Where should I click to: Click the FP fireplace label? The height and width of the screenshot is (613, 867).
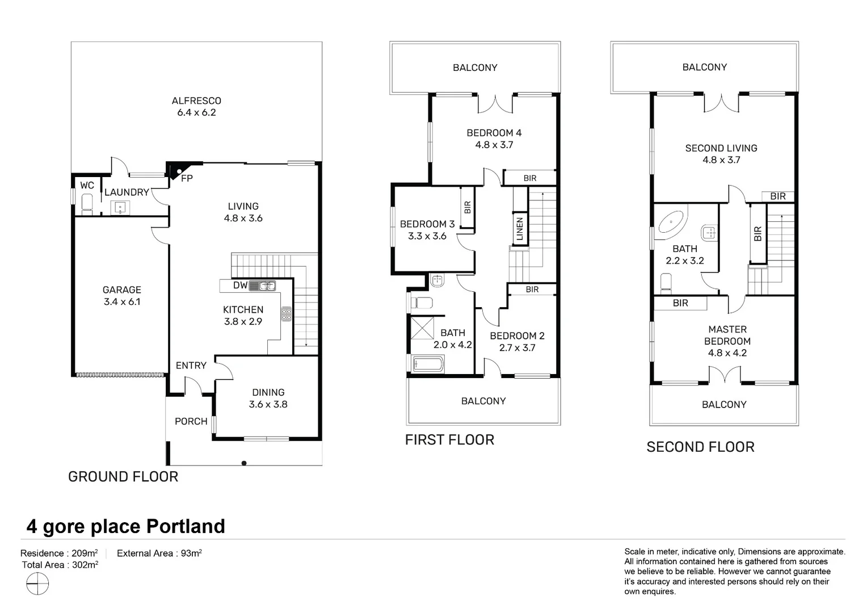tap(187, 179)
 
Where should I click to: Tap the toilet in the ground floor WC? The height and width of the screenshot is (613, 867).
tap(87, 204)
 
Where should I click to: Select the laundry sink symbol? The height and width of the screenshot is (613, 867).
tap(120, 208)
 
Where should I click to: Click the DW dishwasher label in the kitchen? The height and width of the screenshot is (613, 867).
tap(241, 285)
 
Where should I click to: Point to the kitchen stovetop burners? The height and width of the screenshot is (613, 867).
tap(287, 314)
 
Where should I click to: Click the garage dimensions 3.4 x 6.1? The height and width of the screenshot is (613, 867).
tap(122, 301)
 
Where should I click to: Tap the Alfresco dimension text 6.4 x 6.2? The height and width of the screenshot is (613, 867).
tap(197, 113)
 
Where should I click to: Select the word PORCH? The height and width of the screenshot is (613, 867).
tap(191, 421)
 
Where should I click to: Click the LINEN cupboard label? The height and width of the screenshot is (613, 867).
tap(520, 229)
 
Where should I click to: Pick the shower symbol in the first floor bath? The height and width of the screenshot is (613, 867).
tap(422, 328)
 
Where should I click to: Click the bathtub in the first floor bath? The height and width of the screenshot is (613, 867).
tap(428, 364)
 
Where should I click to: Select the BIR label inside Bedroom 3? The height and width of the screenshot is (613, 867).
tap(468, 208)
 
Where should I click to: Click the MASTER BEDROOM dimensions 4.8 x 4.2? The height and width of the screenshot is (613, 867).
tap(727, 353)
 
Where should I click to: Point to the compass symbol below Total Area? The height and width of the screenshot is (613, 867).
tap(37, 583)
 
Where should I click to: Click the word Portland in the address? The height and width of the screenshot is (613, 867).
tap(186, 526)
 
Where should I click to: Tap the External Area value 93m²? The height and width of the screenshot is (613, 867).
tap(192, 553)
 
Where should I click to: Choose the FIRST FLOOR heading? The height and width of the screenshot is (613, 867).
tap(450, 440)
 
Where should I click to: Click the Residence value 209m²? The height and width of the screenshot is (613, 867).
tap(85, 553)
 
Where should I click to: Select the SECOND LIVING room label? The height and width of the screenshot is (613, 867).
tap(722, 148)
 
